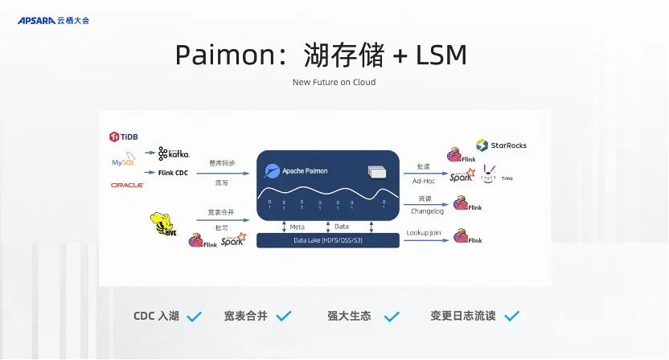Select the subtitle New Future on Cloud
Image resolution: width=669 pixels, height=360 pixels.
(334, 82)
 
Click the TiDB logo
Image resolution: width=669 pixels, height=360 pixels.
(124, 137)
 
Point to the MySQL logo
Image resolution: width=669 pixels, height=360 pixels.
(124, 162)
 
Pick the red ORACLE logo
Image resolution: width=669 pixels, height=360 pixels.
(127, 185)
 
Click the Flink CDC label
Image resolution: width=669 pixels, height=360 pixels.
(173, 172)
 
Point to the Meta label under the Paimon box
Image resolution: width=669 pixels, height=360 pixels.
(297, 227)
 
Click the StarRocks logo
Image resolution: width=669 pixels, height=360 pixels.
(502, 145)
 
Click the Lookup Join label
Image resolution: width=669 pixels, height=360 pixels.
(424, 233)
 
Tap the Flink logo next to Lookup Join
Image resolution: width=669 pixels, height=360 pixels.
(467, 237)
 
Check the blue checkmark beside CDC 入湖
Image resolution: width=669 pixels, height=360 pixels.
(194, 317)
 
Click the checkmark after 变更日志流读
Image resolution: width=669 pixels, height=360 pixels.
(511, 316)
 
